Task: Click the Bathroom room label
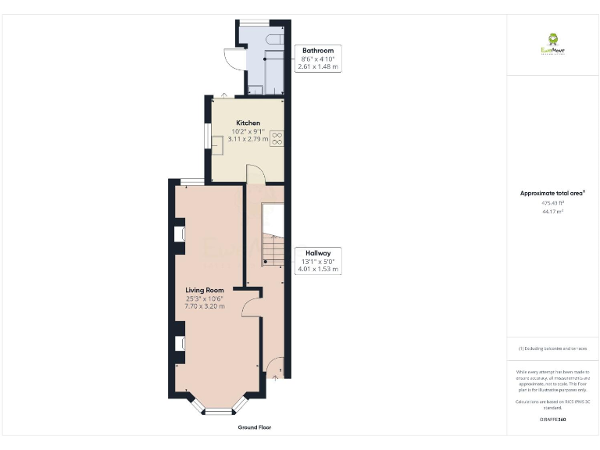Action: tap(318, 51)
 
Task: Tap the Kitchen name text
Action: tap(248, 123)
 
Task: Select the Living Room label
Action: tap(205, 291)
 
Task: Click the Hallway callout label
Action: tap(318, 253)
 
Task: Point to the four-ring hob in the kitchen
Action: tap(277, 138)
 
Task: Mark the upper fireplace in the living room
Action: tap(179, 232)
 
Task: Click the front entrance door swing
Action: tap(274, 366)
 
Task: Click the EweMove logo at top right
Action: tap(552, 43)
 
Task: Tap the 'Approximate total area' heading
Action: tap(552, 193)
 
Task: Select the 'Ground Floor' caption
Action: tap(255, 427)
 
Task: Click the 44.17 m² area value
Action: tap(552, 211)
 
